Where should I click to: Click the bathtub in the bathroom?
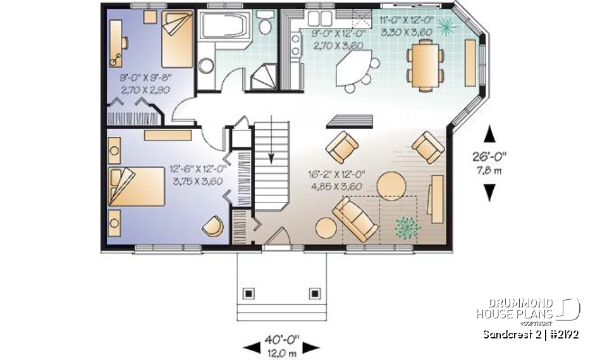224,26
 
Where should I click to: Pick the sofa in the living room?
358,218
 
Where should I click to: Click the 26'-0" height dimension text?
489,161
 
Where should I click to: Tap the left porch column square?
249,293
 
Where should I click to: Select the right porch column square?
314,293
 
